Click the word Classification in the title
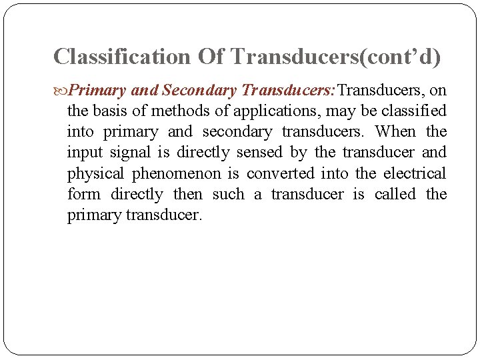click(x=122, y=57)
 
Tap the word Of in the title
click(x=211, y=57)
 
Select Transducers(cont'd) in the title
click(x=335, y=57)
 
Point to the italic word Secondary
click(x=199, y=90)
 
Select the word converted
click(x=280, y=173)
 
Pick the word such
click(x=229, y=195)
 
